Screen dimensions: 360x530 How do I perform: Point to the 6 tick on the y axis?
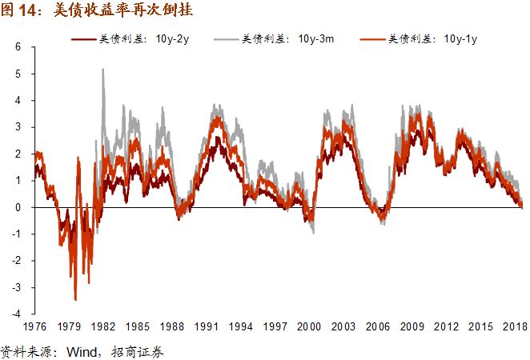[18, 47]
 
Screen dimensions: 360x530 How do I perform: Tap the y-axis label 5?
[18, 74]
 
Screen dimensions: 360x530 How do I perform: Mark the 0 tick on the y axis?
[18, 207]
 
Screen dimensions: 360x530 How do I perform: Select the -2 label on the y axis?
[15, 261]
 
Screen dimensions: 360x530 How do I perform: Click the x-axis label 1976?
[34, 327]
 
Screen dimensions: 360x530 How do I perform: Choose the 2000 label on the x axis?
[310, 327]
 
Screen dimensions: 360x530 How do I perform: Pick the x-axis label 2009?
[413, 327]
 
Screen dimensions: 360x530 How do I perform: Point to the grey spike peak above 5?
[102, 70]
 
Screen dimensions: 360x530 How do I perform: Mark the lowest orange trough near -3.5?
[75, 299]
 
